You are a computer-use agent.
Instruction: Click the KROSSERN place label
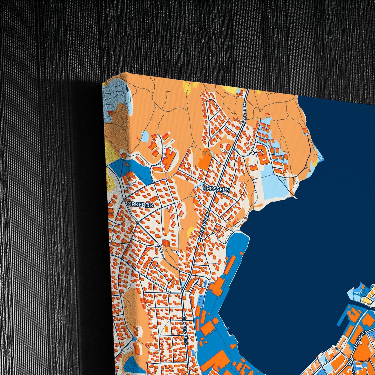217,189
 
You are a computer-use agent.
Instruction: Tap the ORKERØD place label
140,205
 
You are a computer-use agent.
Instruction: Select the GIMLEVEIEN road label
185,330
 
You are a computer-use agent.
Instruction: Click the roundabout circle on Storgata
351,360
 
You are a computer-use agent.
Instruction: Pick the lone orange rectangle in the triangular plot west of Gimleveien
166,329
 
